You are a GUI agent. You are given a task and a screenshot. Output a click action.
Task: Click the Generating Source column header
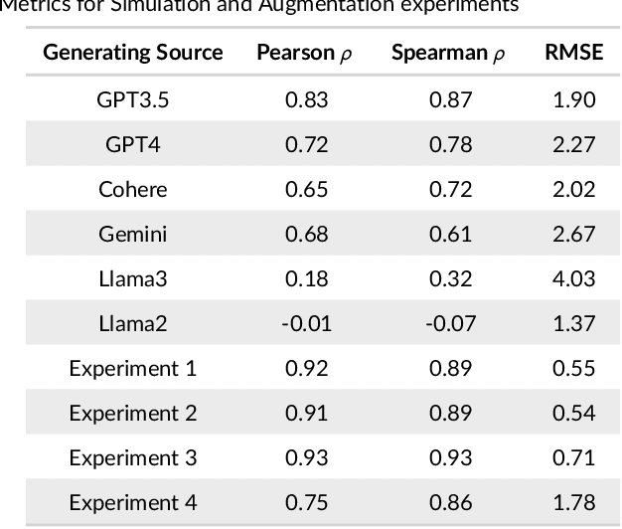(132, 53)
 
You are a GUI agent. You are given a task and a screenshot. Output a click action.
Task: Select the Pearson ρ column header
(304, 53)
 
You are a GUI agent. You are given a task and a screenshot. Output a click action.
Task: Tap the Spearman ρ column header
(448, 53)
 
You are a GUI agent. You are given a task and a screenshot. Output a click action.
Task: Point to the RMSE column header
(573, 53)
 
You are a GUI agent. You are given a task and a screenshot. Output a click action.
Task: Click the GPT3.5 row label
(132, 99)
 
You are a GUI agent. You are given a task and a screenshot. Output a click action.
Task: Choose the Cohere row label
(132, 189)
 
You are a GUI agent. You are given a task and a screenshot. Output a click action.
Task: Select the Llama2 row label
(132, 323)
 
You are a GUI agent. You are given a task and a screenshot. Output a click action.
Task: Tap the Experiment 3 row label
(132, 457)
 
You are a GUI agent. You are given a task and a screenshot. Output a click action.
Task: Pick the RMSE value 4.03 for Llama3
(573, 278)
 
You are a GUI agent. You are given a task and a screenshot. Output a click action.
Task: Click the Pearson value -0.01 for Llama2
(306, 323)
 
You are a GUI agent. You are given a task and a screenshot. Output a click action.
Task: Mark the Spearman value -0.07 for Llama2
(451, 323)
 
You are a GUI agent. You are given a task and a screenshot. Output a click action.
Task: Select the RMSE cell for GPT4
(573, 144)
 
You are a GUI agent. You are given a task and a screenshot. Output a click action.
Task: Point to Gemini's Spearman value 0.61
(451, 234)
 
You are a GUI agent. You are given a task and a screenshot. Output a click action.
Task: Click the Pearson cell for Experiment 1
(306, 368)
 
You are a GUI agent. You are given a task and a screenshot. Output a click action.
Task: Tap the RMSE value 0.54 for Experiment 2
(573, 413)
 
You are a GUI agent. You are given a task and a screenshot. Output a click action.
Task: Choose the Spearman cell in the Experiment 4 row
(451, 502)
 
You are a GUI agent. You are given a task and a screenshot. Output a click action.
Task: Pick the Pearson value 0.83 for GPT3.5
(306, 99)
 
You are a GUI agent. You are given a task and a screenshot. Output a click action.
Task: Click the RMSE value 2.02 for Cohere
(573, 189)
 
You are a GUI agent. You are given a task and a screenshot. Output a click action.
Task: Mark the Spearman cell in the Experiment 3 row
(451, 457)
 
